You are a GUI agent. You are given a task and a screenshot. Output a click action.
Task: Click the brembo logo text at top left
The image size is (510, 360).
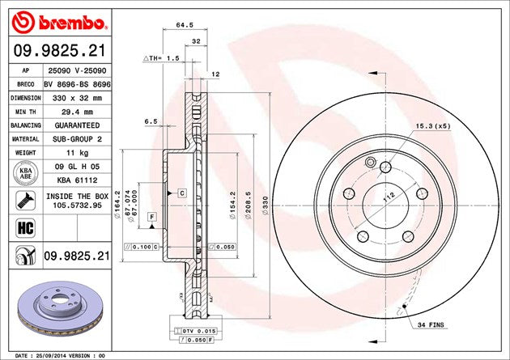72,23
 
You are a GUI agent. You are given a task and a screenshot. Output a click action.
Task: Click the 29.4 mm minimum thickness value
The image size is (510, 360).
77,112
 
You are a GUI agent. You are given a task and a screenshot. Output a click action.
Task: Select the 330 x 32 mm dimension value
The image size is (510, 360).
77,98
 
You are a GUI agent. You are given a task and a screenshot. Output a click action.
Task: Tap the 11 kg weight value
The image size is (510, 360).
77,153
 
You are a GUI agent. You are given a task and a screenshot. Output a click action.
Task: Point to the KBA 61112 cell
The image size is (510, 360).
77,180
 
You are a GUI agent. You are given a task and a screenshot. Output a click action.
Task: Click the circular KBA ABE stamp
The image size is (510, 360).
26,173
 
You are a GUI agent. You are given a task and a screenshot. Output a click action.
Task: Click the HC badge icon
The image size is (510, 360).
25,228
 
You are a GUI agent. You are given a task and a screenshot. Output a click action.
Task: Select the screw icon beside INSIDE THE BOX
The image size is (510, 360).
25,201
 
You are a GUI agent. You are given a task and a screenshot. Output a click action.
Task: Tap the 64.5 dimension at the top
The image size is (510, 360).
185,25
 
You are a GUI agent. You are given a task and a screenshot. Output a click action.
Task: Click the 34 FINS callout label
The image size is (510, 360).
431,324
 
